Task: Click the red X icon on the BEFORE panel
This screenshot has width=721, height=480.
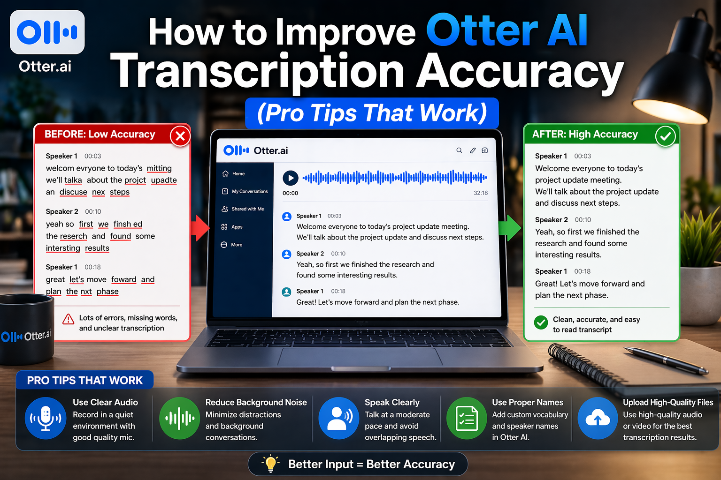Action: coord(180,136)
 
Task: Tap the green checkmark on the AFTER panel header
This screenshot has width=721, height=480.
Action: coord(665,136)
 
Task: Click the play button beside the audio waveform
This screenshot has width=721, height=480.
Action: coord(291,178)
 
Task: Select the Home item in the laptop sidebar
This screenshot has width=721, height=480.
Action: coord(238,174)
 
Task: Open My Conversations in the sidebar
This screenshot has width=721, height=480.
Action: coord(249,192)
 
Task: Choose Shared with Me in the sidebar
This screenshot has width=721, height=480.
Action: coord(247,209)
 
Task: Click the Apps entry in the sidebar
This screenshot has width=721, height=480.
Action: coord(237,227)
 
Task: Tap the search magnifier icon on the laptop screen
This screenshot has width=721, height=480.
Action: coord(459,150)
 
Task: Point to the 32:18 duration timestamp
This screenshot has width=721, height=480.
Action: coord(480,193)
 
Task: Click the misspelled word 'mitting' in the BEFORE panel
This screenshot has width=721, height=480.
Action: coord(159,168)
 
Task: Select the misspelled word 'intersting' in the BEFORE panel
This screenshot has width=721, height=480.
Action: coord(63,248)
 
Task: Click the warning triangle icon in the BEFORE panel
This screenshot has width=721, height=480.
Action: coord(69,319)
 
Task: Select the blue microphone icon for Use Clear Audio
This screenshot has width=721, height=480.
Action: coord(46,418)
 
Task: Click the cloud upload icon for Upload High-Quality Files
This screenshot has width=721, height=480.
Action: coord(598,418)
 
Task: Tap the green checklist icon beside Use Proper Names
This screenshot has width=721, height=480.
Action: coord(466,418)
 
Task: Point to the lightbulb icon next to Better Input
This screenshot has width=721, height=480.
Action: coord(270,464)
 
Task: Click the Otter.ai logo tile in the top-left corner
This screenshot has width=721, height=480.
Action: coord(47,32)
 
